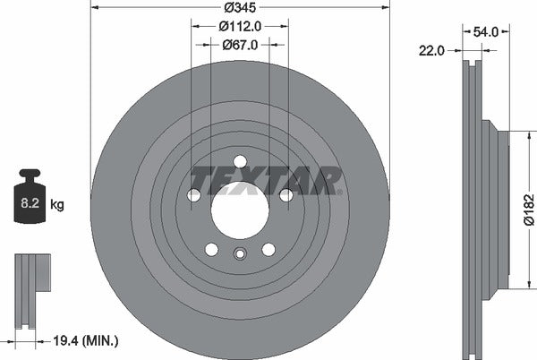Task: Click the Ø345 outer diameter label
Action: (x=240, y=7)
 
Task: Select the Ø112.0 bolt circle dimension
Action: (x=240, y=26)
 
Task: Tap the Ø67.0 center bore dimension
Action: (x=240, y=44)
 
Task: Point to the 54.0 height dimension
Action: (x=484, y=31)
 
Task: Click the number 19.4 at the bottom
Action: (x=67, y=341)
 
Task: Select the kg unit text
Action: (x=57, y=204)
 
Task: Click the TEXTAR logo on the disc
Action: (x=267, y=180)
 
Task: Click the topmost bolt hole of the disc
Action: (x=240, y=162)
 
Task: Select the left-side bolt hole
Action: (x=194, y=195)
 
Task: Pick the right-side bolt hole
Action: (x=286, y=195)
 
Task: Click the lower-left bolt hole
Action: (x=211, y=249)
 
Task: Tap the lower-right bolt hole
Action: (x=268, y=249)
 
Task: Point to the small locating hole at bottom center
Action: (x=240, y=254)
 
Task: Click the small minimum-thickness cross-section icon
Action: (x=29, y=273)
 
